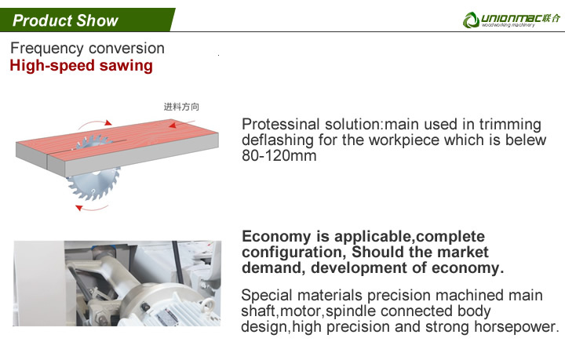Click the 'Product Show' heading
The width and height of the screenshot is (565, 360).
tap(65, 20)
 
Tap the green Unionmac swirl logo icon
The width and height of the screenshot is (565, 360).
tap(471, 20)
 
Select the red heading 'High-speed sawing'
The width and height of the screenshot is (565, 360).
tap(82, 66)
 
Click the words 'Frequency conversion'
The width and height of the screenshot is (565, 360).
tap(87, 49)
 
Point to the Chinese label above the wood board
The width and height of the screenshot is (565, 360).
tap(181, 107)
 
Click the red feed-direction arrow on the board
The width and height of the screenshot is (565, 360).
tap(181, 123)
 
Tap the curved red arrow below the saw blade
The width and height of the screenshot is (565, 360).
tap(92, 208)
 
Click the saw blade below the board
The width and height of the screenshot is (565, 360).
tap(93, 184)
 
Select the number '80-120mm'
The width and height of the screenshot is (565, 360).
tap(279, 156)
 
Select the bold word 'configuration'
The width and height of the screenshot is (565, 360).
tap(292, 253)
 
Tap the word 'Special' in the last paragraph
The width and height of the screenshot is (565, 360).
tap(266, 295)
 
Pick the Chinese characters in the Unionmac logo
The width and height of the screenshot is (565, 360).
tap(552, 18)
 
